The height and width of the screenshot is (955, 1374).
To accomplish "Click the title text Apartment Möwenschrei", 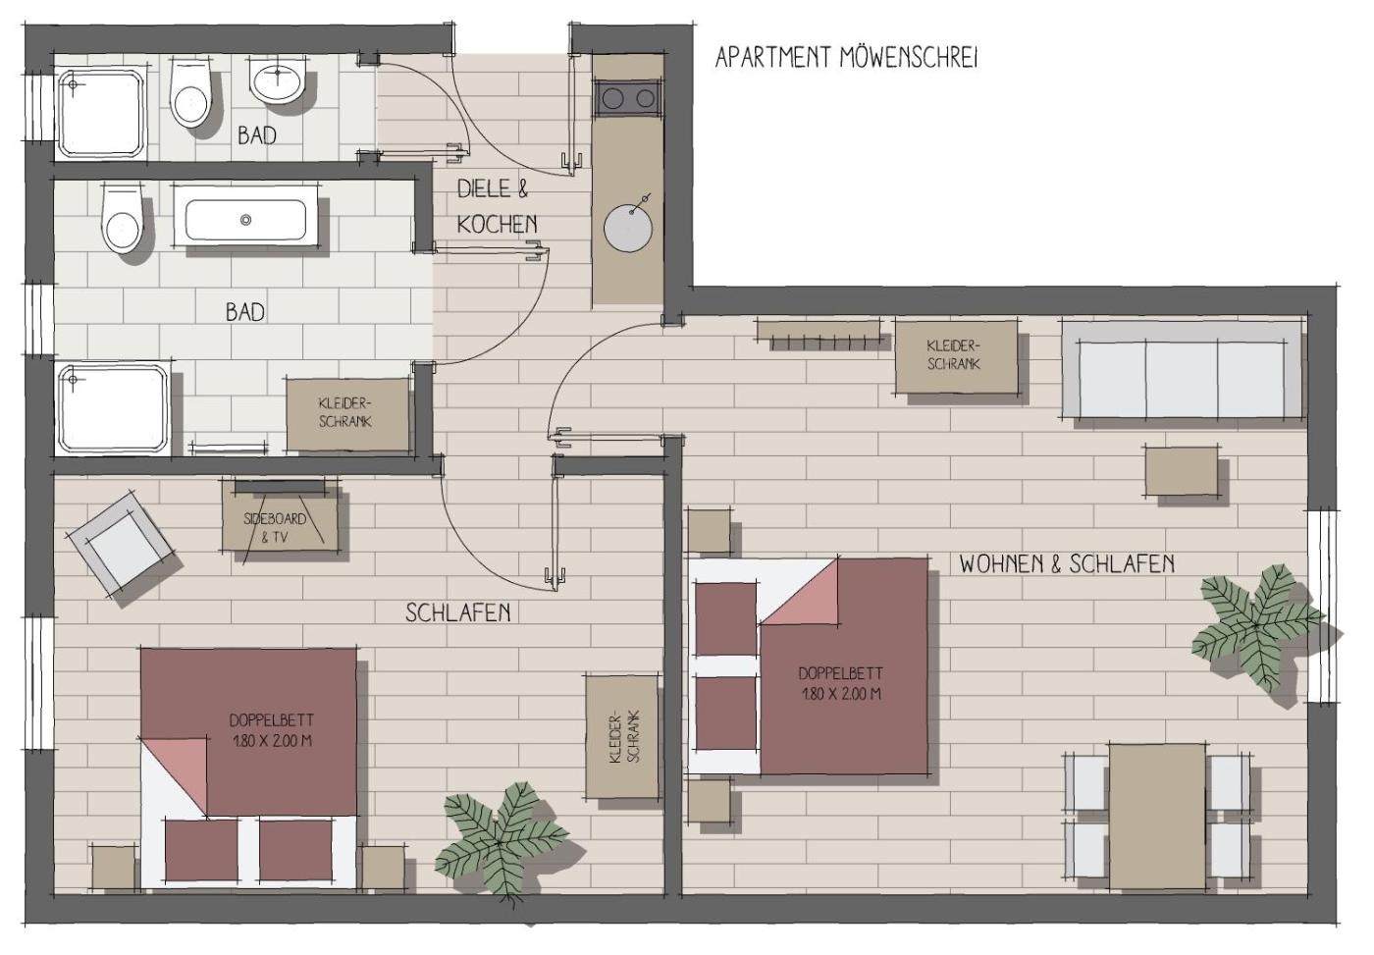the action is [846, 58].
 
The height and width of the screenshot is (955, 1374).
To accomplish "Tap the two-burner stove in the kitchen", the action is [628, 99].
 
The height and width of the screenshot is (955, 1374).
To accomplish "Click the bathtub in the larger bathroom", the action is [245, 220].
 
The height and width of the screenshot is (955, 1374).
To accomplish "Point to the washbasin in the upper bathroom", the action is [278, 81].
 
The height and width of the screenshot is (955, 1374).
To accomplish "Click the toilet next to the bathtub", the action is [123, 217].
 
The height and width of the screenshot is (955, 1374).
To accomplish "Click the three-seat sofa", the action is [1182, 370].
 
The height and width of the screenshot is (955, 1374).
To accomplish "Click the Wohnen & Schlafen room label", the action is [1067, 564].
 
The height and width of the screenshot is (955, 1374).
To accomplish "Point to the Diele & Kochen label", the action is [497, 207].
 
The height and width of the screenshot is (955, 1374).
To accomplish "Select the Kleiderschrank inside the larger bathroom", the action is [347, 415].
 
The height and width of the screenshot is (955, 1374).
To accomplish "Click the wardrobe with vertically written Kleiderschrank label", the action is [622, 737].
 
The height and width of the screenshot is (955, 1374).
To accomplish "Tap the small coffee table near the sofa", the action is [1181, 471].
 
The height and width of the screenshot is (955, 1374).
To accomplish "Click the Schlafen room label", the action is [457, 612].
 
